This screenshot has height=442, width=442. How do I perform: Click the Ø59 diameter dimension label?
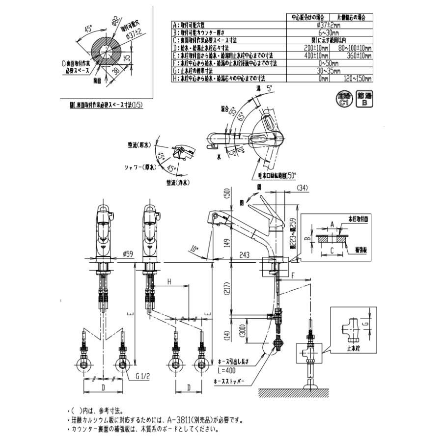127,254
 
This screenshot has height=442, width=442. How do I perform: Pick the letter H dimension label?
169,282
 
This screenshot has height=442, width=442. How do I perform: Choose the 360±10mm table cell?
354,56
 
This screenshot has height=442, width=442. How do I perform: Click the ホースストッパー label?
230,381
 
